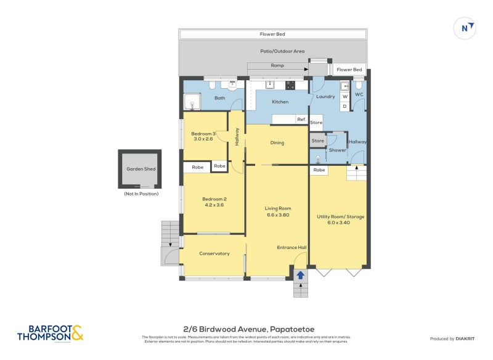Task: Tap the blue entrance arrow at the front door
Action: (x=300, y=276)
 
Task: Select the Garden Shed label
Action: (x=141, y=168)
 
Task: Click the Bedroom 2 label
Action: (x=215, y=198)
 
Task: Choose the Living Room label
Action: (x=278, y=208)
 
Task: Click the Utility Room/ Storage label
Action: (x=341, y=217)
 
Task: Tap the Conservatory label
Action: (x=214, y=253)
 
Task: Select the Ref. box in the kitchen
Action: (x=301, y=119)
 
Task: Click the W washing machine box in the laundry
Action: (x=344, y=96)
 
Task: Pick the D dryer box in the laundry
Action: (x=344, y=106)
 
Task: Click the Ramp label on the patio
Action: (x=277, y=65)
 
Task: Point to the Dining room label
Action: (x=277, y=143)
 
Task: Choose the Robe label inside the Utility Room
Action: (x=319, y=170)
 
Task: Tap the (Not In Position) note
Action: (x=141, y=194)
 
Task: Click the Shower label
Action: (x=337, y=150)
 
